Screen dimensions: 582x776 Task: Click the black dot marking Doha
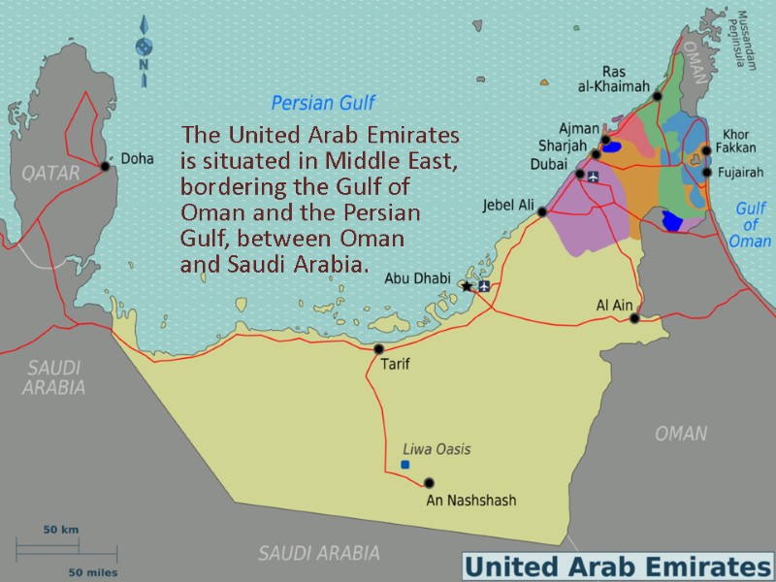tap(105, 166)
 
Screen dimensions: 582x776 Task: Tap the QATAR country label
tap(49, 173)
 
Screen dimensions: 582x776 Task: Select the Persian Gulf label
tap(322, 103)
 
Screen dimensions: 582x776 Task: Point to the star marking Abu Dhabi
tap(467, 286)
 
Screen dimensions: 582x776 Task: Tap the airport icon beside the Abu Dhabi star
tap(484, 286)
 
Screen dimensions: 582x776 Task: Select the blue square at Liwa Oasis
tap(404, 465)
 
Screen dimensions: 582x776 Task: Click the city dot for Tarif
tap(378, 349)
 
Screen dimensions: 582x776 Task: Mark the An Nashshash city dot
tap(429, 483)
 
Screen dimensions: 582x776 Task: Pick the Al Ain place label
tap(614, 306)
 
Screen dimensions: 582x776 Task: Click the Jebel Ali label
tap(508, 205)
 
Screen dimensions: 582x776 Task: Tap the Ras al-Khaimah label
tap(612, 80)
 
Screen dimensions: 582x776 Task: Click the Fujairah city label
tap(742, 173)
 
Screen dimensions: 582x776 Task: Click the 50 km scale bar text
tap(60, 530)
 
